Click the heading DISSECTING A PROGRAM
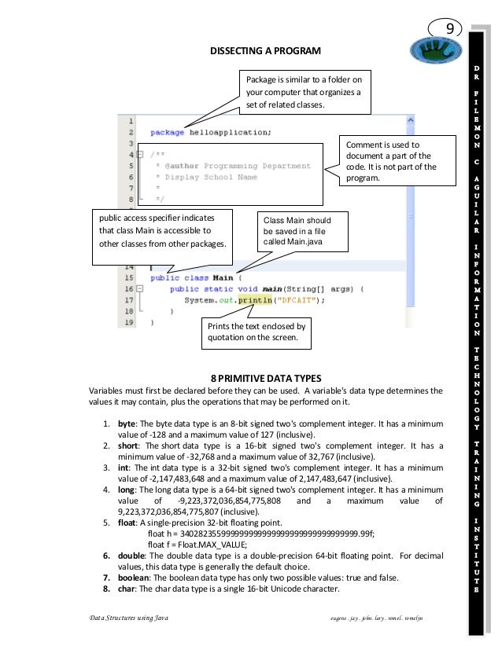(x=264, y=51)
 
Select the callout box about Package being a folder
(x=304, y=92)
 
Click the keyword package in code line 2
(x=167, y=133)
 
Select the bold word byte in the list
(x=126, y=422)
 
